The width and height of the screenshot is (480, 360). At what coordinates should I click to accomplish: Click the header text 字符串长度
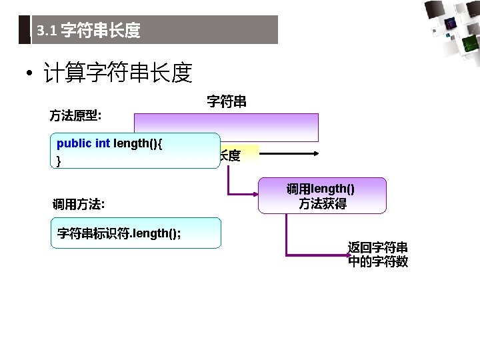coord(100,31)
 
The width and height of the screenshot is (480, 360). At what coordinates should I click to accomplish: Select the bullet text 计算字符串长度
coord(117,73)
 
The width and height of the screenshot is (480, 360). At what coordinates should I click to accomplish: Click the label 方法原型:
coord(75,115)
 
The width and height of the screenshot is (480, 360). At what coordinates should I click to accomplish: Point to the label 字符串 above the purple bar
coord(227,101)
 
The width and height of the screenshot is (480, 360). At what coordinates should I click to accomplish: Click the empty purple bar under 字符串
coord(226,127)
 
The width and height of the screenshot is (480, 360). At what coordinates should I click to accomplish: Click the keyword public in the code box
coord(74,143)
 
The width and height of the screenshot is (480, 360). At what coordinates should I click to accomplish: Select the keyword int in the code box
coord(103,143)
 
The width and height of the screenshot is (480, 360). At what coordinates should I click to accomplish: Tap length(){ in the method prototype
coord(139,143)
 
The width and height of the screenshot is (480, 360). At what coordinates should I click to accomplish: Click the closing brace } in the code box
coord(59,161)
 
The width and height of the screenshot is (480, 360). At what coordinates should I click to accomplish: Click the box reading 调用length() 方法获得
coord(321,196)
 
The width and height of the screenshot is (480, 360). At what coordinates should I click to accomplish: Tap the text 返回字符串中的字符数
coord(378,254)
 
